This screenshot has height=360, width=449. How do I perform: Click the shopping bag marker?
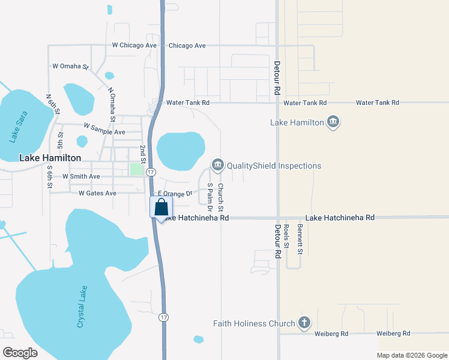coord(161,208)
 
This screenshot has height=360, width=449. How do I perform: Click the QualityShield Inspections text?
coord(274,166)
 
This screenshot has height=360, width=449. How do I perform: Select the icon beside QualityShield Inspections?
coord(217,165)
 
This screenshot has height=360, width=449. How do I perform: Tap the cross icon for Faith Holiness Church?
coord(304,323)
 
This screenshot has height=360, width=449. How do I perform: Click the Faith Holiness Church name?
coord(254,323)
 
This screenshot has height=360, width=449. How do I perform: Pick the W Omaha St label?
coord(71,67)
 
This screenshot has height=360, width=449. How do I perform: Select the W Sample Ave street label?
coord(104,129)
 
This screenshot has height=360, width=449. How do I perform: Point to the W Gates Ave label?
coord(97,193)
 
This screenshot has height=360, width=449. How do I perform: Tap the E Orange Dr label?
coord(175,194)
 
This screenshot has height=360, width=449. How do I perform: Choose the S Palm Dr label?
coord(210,198)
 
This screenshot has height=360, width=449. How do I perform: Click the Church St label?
coord(220,198)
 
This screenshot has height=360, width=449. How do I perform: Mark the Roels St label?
coord(287,236)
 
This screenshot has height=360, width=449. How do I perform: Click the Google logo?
coord(20,353)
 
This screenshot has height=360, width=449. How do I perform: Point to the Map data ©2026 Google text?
coord(411,355)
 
